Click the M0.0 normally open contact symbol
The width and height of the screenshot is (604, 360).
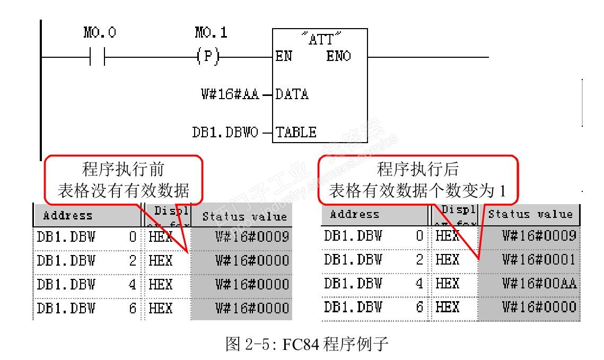[98, 56]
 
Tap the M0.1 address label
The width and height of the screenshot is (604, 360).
[211, 33]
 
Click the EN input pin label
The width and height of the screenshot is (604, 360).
[284, 56]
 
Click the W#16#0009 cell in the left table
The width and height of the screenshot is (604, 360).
[252, 236]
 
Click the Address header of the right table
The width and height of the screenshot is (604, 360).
[355, 215]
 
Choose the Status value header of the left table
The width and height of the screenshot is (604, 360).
[245, 216]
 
